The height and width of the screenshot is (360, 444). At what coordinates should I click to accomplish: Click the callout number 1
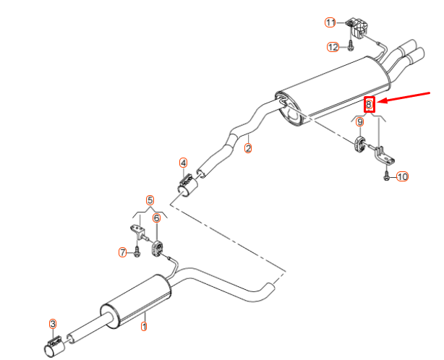coord(143,327)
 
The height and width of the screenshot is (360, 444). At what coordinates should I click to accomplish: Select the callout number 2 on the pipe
coord(248,149)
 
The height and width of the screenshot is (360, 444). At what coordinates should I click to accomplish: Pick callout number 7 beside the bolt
coord(123,252)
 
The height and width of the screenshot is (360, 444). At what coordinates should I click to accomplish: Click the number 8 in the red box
coord(369,104)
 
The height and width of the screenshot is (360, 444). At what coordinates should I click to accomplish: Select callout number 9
coord(359,122)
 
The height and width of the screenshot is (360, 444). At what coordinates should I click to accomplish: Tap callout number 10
coord(403,176)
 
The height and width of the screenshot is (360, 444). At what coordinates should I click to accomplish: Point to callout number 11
coord(330,23)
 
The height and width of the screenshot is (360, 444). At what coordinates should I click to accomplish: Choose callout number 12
coord(333,47)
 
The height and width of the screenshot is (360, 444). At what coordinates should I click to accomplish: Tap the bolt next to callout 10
coord(387,175)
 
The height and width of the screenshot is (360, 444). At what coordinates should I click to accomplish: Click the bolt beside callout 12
coord(349,47)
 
